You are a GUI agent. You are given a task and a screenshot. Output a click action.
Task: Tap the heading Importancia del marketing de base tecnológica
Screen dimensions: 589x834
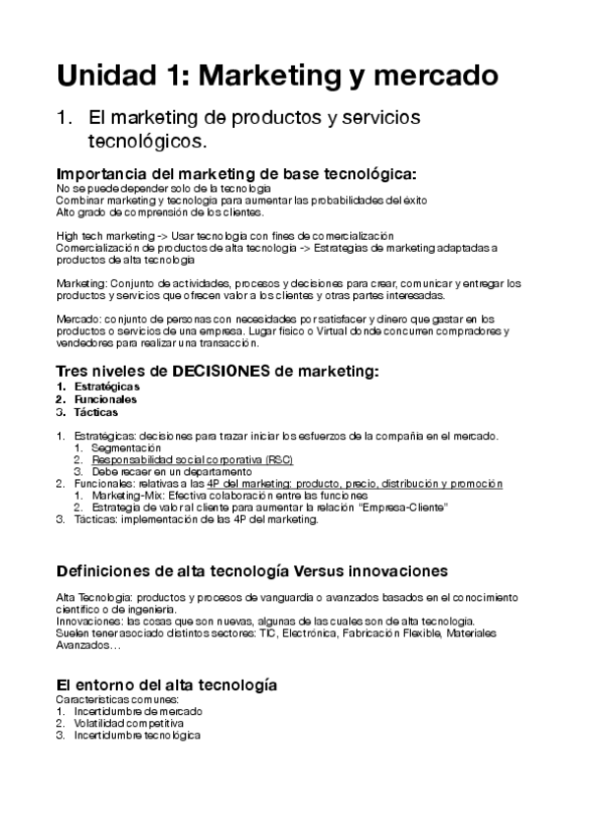237,174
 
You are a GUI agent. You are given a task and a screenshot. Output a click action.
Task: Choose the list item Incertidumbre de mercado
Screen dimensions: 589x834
138,711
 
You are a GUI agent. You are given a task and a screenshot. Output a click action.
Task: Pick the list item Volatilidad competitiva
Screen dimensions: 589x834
129,723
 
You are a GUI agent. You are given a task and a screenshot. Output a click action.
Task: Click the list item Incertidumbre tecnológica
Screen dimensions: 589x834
137,735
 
